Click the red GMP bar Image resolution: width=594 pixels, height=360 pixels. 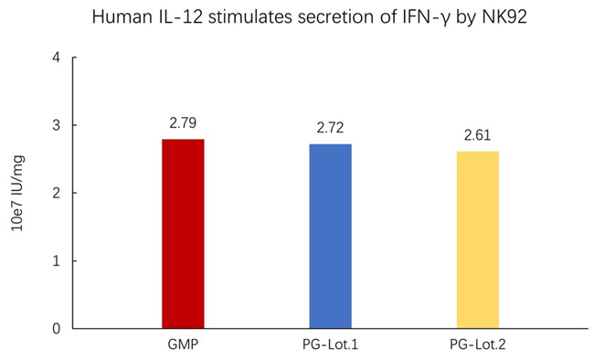click(183, 234)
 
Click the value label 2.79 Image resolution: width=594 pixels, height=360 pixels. click(183, 122)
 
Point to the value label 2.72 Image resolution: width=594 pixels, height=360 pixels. click(330, 128)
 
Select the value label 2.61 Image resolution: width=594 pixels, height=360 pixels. click(477, 135)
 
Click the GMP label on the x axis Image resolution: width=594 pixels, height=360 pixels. click(183, 345)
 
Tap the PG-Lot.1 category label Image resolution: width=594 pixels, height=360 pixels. click(330, 345)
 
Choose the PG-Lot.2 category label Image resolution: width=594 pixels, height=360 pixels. click(477, 345)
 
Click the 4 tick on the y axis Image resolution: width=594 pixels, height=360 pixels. click(57, 58)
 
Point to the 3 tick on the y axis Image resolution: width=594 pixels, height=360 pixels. click(57, 125)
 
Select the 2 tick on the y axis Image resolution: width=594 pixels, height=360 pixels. click(57, 193)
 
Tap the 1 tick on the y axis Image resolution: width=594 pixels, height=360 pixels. click(57, 260)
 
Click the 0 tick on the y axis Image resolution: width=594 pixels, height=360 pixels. click(57, 328)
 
